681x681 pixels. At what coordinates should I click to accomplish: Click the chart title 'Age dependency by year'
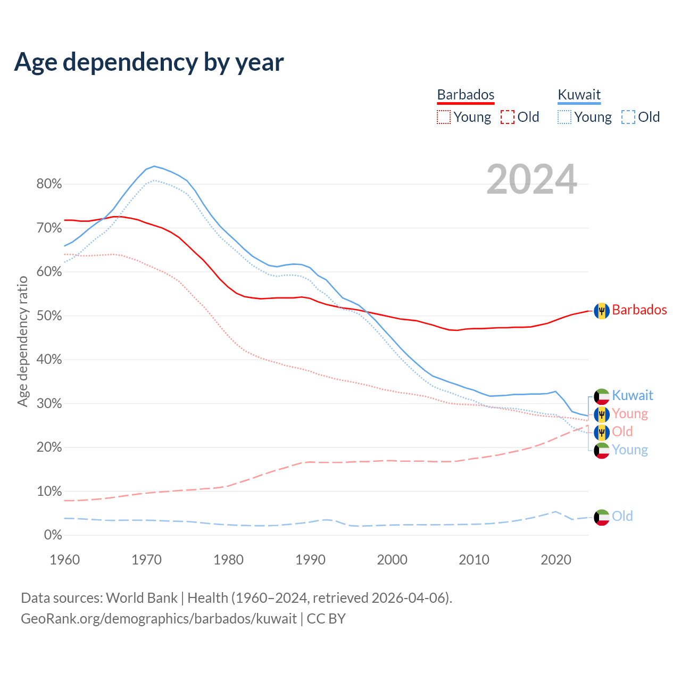pyautogui.click(x=149, y=62)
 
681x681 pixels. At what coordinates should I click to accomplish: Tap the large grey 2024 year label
pyautogui.click(x=531, y=180)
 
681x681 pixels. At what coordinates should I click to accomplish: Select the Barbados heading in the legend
pyautogui.click(x=466, y=95)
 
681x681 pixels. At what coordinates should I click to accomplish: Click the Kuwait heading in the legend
pyautogui.click(x=579, y=95)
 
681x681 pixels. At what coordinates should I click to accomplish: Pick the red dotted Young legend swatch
pyautogui.click(x=443, y=117)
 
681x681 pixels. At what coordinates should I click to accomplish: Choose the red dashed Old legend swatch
pyautogui.click(x=507, y=117)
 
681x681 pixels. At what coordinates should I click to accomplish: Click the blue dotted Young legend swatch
pyautogui.click(x=564, y=117)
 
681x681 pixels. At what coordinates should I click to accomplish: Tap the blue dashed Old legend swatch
pyautogui.click(x=628, y=117)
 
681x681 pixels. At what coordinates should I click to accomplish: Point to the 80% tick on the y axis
pyautogui.click(x=49, y=184)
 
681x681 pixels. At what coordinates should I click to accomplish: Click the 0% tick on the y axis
pyautogui.click(x=53, y=535)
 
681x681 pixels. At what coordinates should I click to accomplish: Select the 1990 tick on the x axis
pyautogui.click(x=310, y=560)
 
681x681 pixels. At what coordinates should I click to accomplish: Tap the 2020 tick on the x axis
pyautogui.click(x=555, y=560)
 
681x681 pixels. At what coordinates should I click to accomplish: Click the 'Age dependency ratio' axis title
pyautogui.click(x=22, y=341)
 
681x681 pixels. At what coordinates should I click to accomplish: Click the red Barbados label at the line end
pyautogui.click(x=639, y=310)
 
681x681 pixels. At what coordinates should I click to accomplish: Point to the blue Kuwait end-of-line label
pyautogui.click(x=632, y=395)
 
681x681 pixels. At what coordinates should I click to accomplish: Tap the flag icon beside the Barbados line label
pyautogui.click(x=602, y=311)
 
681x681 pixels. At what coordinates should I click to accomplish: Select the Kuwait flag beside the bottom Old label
pyautogui.click(x=602, y=517)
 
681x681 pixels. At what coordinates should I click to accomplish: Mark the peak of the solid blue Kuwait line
pyautogui.click(x=154, y=166)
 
